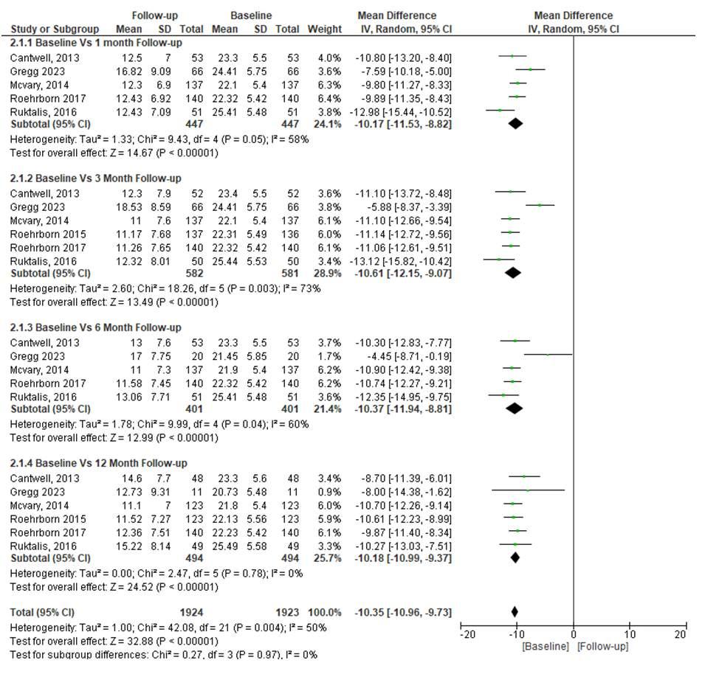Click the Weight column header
click(325, 29)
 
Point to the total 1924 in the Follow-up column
click(191, 613)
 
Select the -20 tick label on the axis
click(467, 634)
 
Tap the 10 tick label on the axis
click(629, 634)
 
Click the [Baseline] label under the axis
click(545, 647)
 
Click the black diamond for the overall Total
click(515, 611)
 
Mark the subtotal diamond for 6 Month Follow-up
click(515, 409)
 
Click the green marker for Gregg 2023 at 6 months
click(548, 355)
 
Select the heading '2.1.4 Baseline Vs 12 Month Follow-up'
click(98, 463)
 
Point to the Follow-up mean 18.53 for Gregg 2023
click(129, 207)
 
